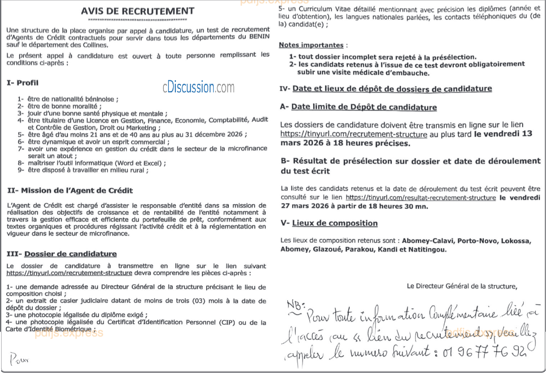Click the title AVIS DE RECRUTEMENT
click(x=137, y=11)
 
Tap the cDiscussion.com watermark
click(x=198, y=87)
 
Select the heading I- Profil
click(x=23, y=83)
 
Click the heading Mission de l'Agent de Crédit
click(x=77, y=191)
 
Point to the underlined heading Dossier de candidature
click(x=70, y=254)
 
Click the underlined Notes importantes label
click(x=311, y=45)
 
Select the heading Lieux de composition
click(x=335, y=223)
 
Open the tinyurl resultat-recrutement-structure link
click(x=420, y=198)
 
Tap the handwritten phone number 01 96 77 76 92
click(x=484, y=352)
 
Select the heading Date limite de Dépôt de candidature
click(x=364, y=107)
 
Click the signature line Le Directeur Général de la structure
click(x=462, y=286)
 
